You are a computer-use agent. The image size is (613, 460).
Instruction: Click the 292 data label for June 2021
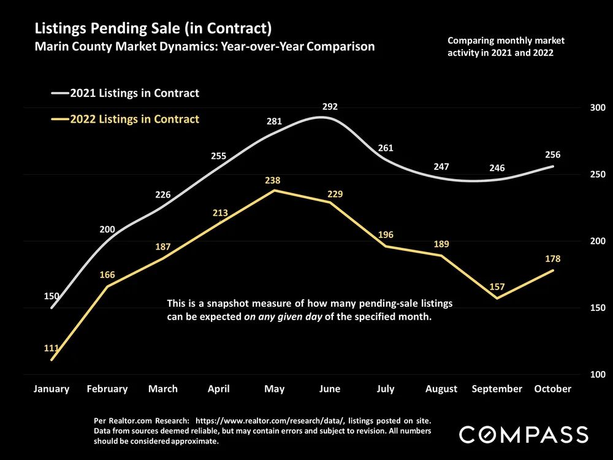click(x=330, y=107)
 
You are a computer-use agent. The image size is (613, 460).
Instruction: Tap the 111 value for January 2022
click(x=51, y=348)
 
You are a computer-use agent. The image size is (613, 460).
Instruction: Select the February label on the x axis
click(x=107, y=389)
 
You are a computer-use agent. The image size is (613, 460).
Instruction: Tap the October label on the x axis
click(x=552, y=389)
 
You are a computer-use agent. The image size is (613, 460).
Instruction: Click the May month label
click(x=274, y=389)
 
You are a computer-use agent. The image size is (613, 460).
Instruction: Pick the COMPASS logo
click(x=524, y=435)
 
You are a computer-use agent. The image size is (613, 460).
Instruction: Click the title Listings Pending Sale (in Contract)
click(x=153, y=28)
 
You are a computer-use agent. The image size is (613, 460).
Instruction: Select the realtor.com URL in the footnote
click(x=291, y=421)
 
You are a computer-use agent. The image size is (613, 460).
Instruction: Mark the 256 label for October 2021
click(x=552, y=155)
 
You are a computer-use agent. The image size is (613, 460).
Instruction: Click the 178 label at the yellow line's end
click(x=552, y=259)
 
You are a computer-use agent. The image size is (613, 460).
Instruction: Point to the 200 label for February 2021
click(x=107, y=230)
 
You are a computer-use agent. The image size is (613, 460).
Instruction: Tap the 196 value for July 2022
click(x=386, y=235)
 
